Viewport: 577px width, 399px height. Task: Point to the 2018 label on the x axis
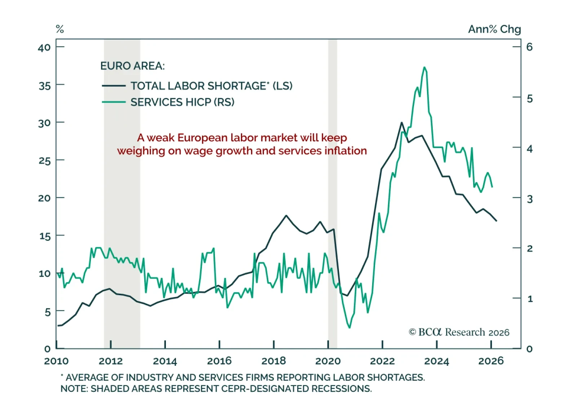click(273, 361)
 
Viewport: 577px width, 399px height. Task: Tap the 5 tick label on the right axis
click(529, 99)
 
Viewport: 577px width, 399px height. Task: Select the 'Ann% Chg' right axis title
click(494, 29)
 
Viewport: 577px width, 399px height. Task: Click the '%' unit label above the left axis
click(60, 29)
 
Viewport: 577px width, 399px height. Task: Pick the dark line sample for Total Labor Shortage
click(114, 86)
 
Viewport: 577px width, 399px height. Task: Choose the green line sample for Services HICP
click(114, 102)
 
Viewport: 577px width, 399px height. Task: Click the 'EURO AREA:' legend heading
click(132, 66)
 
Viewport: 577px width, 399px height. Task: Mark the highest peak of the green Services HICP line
click(424, 67)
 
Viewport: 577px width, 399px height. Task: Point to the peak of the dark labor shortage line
click(402, 123)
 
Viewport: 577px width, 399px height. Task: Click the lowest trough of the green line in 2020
click(349, 327)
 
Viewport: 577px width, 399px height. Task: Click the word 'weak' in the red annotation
click(161, 138)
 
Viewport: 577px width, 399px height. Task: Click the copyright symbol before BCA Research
click(412, 332)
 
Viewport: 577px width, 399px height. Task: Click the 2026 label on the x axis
click(491, 361)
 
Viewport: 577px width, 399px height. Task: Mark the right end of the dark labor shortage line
click(497, 221)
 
